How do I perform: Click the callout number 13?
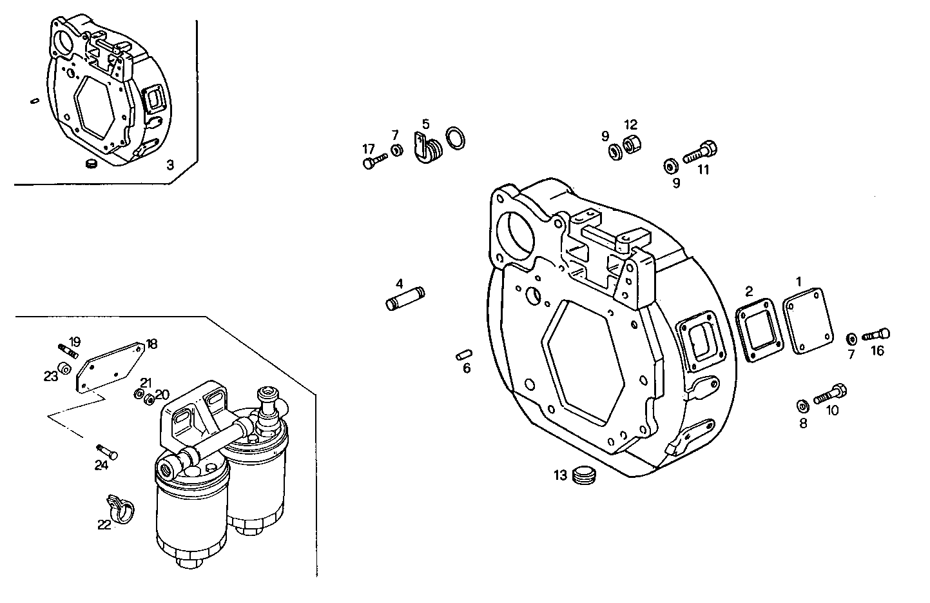point(559,476)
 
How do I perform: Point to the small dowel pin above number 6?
point(464,354)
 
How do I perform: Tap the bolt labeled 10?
point(830,394)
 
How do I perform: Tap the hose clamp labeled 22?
point(121,508)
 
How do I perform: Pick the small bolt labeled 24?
point(106,451)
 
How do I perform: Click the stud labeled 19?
point(68,351)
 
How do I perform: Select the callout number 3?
point(170,165)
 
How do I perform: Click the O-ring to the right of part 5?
point(457,138)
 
